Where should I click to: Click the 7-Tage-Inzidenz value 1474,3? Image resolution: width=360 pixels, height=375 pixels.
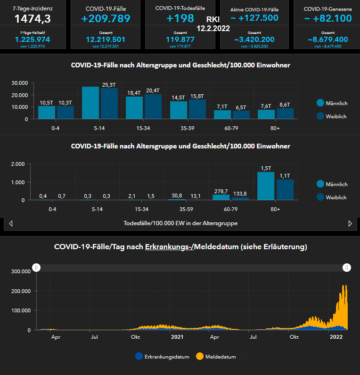click(33, 19)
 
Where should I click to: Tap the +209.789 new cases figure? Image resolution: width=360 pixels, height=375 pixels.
click(106, 19)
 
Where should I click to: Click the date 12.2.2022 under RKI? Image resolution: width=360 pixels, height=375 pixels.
click(213, 28)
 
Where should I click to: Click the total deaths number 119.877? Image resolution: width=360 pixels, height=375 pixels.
click(180, 40)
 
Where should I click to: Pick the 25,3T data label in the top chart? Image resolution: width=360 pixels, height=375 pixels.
click(109, 85)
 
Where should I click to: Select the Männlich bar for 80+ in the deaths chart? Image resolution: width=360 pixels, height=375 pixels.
click(265, 186)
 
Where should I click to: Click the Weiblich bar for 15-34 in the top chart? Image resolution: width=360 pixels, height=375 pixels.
click(153, 106)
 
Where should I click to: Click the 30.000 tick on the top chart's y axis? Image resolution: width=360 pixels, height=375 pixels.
click(20, 83)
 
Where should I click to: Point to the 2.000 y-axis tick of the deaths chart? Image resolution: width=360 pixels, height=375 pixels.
click(18, 164)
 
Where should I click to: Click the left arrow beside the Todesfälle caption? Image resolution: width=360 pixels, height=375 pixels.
click(10, 223)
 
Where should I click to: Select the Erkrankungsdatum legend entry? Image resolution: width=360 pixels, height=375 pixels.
click(162, 357)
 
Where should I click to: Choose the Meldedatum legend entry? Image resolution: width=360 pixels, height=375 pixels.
click(216, 357)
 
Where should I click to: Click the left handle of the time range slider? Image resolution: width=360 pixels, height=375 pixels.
click(36, 268)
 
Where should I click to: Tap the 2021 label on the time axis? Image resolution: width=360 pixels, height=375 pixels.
click(177, 337)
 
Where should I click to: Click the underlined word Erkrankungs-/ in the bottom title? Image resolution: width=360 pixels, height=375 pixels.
click(169, 246)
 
